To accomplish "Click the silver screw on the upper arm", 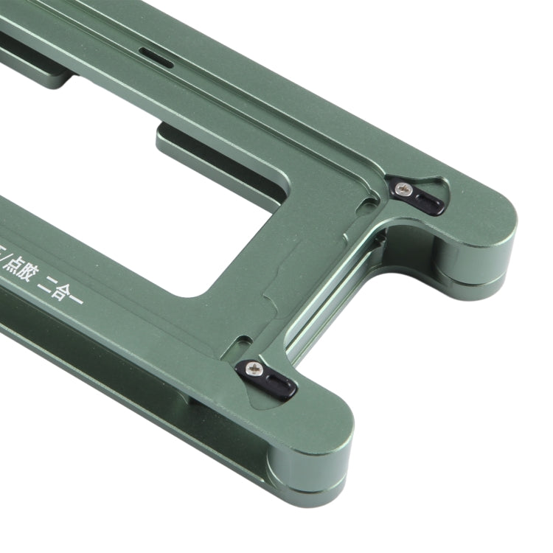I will click(x=403, y=189).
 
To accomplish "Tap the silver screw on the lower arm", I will click(x=255, y=366).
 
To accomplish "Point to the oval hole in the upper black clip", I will click(x=430, y=201).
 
